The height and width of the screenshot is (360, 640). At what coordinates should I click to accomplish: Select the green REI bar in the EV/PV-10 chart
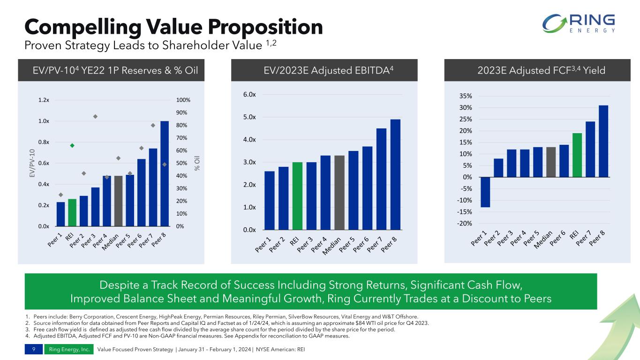tap(72, 212)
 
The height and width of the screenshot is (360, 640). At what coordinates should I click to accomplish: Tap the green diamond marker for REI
tap(72, 145)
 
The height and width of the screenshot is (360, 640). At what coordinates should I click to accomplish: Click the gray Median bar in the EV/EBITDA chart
tap(339, 193)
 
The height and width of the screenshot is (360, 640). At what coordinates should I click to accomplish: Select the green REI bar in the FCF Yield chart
tap(577, 155)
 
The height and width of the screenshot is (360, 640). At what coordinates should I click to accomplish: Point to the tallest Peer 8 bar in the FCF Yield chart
tap(603, 141)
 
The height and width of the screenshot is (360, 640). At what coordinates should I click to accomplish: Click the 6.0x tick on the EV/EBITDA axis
tap(249, 95)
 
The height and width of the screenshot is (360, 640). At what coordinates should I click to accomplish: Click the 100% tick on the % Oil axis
tap(183, 100)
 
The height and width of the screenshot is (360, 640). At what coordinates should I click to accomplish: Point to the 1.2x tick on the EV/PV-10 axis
tap(44, 100)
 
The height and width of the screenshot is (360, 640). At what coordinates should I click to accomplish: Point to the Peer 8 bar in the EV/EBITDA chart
tap(395, 175)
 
